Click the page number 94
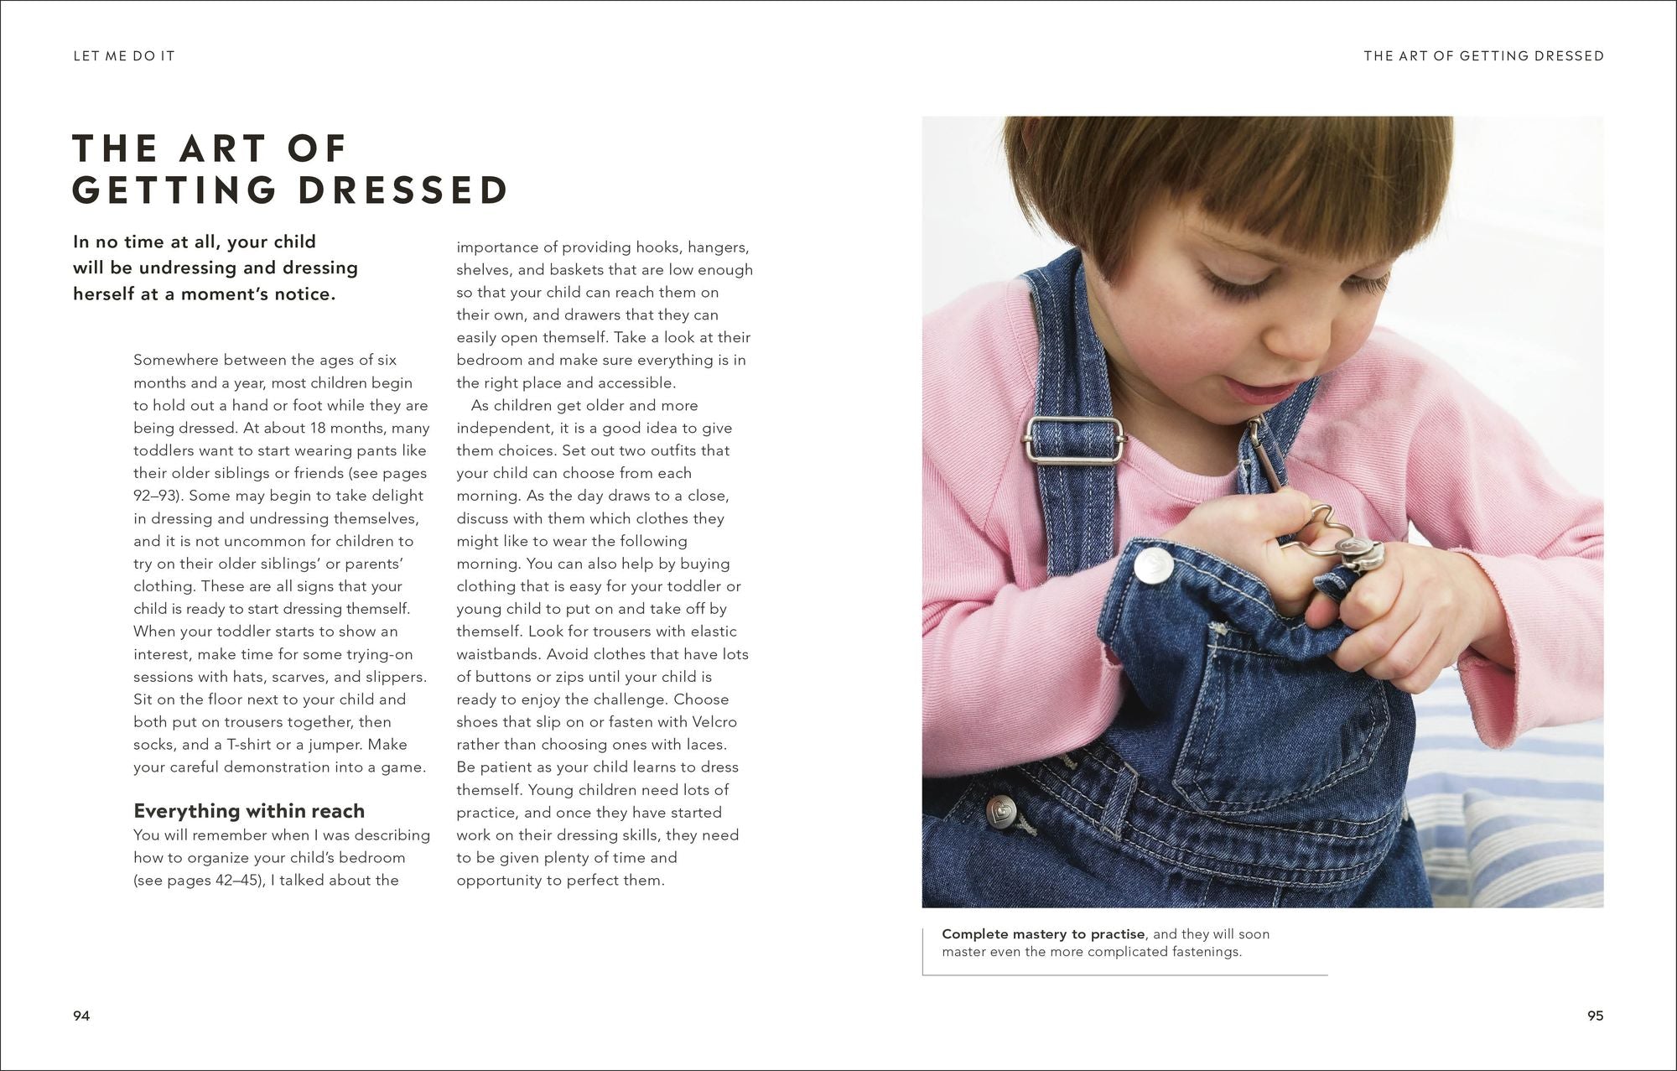pyautogui.click(x=81, y=1016)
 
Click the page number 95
pyautogui.click(x=1595, y=1016)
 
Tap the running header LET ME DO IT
pyautogui.click(x=124, y=56)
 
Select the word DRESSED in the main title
pyautogui.click(x=403, y=190)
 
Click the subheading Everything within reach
pyautogui.click(x=249, y=811)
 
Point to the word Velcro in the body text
pyautogui.click(x=714, y=722)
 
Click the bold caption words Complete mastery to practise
pyautogui.click(x=1043, y=934)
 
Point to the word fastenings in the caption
pyautogui.click(x=1199, y=952)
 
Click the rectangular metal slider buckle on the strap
pyautogui.click(x=1063, y=440)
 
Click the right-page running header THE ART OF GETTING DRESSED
pyautogui.click(x=1483, y=56)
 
